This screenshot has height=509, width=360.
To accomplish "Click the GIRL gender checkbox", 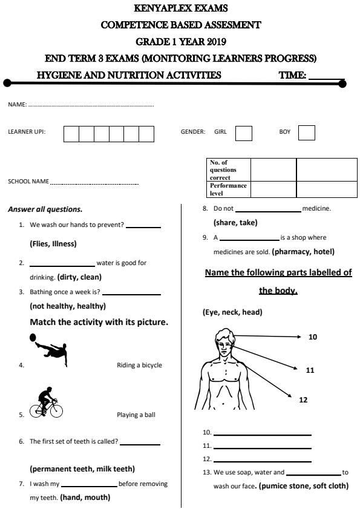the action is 244,133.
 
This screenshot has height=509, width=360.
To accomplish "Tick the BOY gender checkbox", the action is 307,133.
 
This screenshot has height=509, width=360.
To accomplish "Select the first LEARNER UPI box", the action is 71,133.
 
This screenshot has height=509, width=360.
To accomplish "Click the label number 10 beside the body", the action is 313,337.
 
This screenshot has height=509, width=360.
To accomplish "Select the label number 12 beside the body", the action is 304,399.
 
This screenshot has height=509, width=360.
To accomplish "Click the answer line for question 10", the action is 262,434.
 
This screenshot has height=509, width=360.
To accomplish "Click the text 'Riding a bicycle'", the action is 139,365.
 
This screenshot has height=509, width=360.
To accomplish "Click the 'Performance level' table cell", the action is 228,189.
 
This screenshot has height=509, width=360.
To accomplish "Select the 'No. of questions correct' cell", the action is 228,170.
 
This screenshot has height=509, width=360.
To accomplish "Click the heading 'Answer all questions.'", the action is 45,209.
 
